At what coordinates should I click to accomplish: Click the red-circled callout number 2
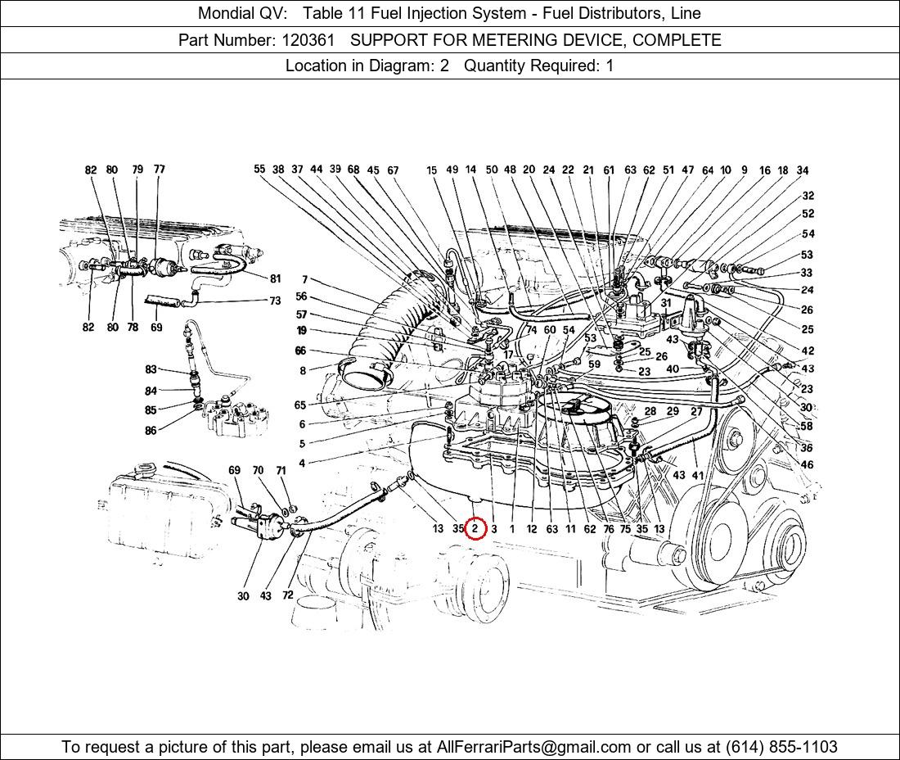tap(475, 529)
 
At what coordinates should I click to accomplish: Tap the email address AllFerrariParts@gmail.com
tap(534, 747)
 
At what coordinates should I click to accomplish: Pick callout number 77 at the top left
tap(159, 170)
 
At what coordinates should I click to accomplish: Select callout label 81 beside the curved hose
tap(275, 278)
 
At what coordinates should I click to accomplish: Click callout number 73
tap(275, 301)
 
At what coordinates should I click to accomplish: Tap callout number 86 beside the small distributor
tap(151, 431)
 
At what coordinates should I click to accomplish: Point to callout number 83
tap(151, 370)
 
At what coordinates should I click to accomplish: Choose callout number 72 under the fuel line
tap(287, 595)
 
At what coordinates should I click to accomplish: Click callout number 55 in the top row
tap(259, 170)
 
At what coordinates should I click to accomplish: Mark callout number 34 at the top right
tap(803, 170)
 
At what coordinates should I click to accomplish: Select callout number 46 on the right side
tap(807, 465)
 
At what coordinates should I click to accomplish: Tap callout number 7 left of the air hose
tap(304, 280)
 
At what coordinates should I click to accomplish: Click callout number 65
tap(300, 405)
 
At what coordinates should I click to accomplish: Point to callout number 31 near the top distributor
tap(666, 303)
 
